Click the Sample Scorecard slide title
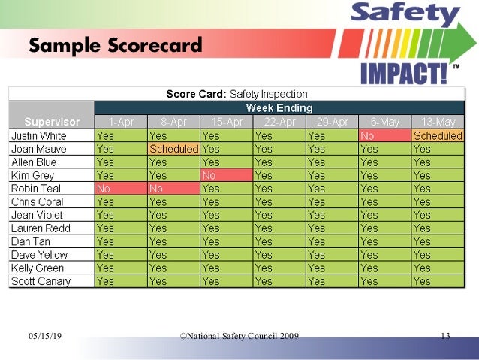[116, 46]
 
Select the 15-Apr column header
[226, 122]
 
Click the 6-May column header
[384, 122]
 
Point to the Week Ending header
[279, 107]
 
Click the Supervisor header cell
[51, 122]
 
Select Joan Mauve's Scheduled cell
[173, 149]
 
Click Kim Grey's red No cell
[226, 175]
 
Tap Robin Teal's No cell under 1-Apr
[121, 189]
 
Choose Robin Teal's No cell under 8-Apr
[173, 189]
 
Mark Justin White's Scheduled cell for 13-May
[438, 136]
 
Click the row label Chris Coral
[38, 201]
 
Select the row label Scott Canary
[41, 281]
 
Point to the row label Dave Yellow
[38, 255]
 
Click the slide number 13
[445, 335]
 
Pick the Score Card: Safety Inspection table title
[236, 94]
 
